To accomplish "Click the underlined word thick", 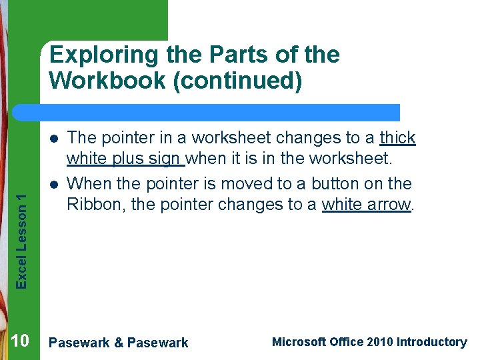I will [397, 138].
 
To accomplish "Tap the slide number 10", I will [20, 342].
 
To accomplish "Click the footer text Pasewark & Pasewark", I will [119, 343].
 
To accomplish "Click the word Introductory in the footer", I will [431, 342].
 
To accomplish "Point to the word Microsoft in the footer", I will [299, 342].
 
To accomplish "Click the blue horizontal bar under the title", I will [220, 112].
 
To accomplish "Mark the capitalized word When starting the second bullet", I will [88, 183].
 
